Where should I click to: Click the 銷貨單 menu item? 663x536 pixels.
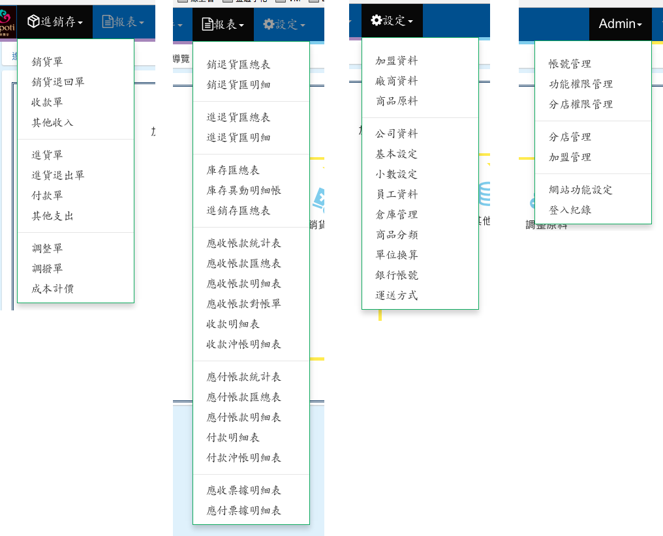tap(48, 62)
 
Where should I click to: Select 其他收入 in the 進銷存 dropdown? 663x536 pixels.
tap(53, 123)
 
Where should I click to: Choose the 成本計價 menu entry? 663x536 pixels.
tap(53, 288)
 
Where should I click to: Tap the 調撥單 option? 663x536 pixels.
tap(48, 268)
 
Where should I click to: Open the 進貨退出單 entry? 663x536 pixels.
tap(58, 175)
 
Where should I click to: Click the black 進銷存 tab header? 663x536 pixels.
tap(55, 22)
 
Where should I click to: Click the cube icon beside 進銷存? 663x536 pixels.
tap(33, 22)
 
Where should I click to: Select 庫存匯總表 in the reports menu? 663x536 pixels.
tap(233, 170)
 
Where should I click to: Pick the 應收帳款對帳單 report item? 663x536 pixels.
tap(244, 304)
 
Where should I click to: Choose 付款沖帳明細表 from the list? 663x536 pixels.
tap(244, 458)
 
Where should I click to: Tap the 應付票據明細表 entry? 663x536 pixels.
tap(244, 511)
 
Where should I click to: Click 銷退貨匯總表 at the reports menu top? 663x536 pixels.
tap(238, 65)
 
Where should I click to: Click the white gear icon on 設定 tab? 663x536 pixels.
tap(377, 20)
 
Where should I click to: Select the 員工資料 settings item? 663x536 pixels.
tap(396, 194)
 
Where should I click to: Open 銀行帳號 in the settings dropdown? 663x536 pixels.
tap(396, 275)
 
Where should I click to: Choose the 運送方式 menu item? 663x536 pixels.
tap(396, 295)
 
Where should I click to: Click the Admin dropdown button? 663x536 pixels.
tap(620, 24)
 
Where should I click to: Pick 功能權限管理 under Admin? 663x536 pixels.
tap(581, 84)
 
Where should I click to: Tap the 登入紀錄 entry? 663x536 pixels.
tap(570, 210)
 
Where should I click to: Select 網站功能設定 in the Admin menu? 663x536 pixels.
tap(581, 190)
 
